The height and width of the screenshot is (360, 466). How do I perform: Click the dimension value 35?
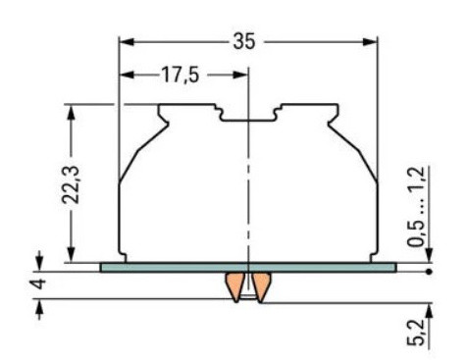(x=246, y=42)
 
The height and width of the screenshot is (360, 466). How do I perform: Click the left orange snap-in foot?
(x=234, y=286)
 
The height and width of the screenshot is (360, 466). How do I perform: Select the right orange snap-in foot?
(x=263, y=286)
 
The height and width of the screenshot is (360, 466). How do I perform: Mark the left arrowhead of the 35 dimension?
(x=125, y=42)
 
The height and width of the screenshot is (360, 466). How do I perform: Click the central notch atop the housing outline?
(x=247, y=119)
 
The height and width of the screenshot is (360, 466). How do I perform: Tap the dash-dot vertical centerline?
(x=249, y=196)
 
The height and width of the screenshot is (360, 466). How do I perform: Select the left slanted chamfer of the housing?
(x=139, y=151)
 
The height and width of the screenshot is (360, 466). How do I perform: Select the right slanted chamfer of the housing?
(x=357, y=151)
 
